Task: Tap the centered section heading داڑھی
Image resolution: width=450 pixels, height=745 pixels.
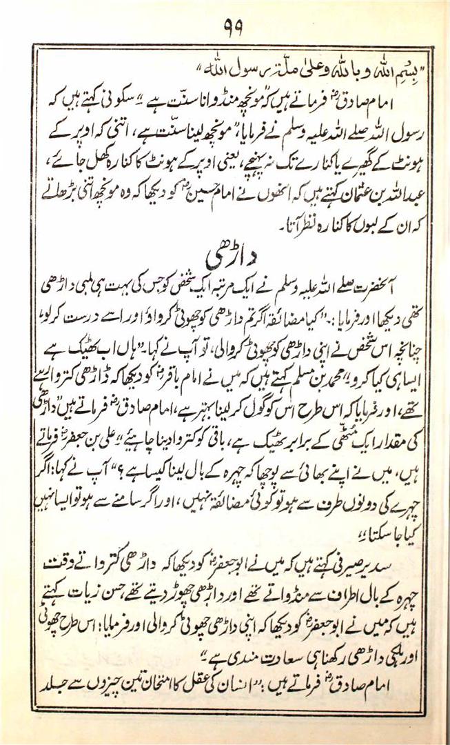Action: tap(224, 255)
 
